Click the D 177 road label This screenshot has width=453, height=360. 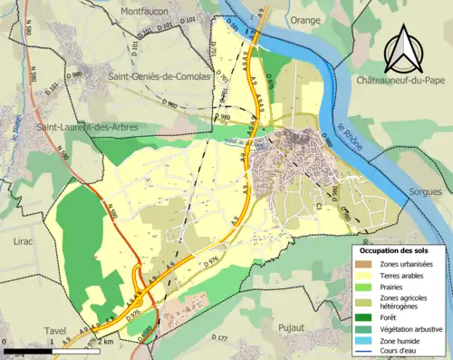[217, 337]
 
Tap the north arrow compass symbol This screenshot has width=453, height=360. [400, 50]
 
